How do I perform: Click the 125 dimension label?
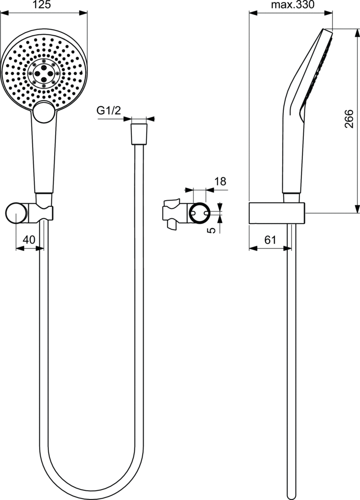(x=42, y=5)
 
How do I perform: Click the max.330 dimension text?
(x=293, y=5)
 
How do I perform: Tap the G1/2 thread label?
(x=109, y=111)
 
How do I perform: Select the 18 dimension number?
(x=220, y=182)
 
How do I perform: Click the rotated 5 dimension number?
(x=212, y=229)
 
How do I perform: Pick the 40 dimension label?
(x=29, y=239)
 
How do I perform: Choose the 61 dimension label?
(x=271, y=239)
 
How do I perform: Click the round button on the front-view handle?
(x=44, y=112)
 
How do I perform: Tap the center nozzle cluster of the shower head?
(x=44, y=73)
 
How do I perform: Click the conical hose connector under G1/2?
(x=139, y=134)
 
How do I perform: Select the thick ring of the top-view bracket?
(x=199, y=213)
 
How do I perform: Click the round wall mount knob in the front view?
(x=17, y=213)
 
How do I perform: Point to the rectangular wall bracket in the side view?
(x=277, y=213)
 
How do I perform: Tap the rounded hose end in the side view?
(x=292, y=495)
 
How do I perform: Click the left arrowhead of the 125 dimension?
(x=4, y=13)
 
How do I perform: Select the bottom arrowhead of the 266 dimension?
(x=357, y=209)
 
